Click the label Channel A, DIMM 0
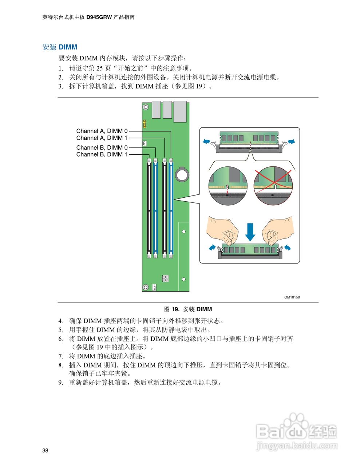pyautogui.click(x=102, y=131)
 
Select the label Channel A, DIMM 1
pyautogui.click(x=102, y=138)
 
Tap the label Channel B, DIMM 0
pyautogui.click(x=102, y=147)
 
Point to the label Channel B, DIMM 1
pyautogui.click(x=102, y=154)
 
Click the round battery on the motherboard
pyautogui.click(x=182, y=174)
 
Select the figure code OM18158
pyautogui.click(x=292, y=297)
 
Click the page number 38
pyautogui.click(x=45, y=451)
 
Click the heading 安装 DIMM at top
pyautogui.click(x=60, y=47)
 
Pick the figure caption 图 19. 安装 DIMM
pyautogui.click(x=188, y=309)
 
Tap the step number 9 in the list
pyautogui.click(x=60, y=383)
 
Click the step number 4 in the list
pyautogui.click(x=60, y=321)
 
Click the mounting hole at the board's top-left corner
pyautogui.click(x=145, y=107)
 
